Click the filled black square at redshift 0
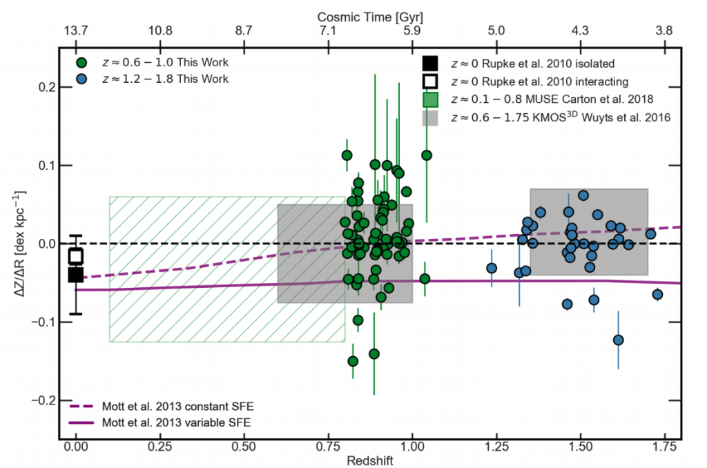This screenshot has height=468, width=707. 76,275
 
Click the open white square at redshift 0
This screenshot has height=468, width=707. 76,256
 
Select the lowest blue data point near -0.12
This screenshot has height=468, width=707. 618,340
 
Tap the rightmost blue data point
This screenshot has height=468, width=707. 657,295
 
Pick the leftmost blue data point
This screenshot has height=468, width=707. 492,268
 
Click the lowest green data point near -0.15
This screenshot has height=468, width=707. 353,361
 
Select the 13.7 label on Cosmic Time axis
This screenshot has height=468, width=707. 75,31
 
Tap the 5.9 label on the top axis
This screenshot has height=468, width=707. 412,31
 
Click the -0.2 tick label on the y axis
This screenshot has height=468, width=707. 43,400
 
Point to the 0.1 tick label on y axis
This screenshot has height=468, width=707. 46,166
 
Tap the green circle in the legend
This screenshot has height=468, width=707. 82,63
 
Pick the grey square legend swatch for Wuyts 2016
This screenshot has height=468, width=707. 431,118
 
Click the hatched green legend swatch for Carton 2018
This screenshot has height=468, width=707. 431,100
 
